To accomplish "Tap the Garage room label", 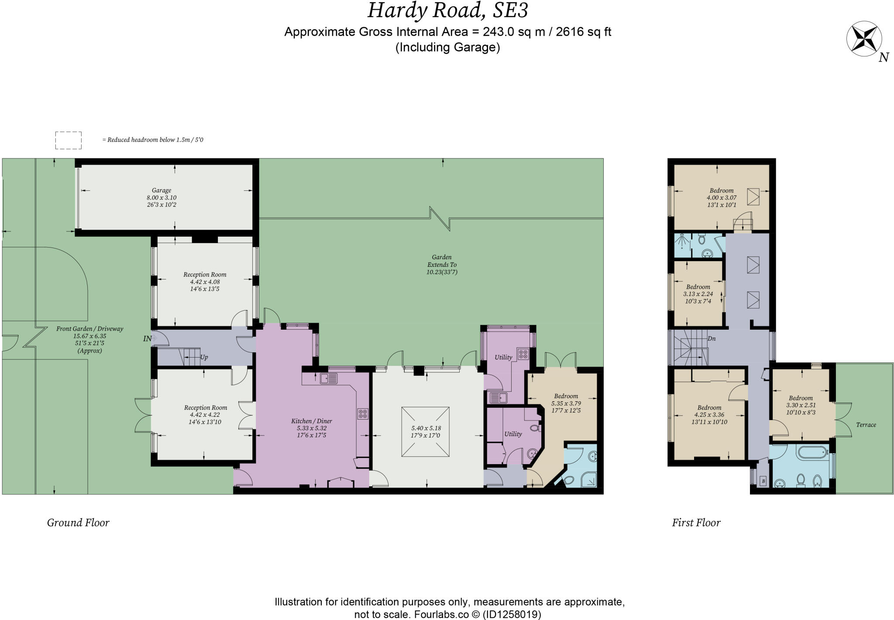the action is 161,190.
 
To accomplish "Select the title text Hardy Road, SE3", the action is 447,10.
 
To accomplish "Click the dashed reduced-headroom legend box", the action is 69,140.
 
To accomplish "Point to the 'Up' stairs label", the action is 204,357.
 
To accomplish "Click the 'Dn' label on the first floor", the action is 712,338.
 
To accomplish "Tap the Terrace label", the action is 866,424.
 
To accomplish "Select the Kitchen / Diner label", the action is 312,421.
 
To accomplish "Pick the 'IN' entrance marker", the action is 148,338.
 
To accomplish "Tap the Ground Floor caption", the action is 78,523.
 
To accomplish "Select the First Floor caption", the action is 696,523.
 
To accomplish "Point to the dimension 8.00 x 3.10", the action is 162,197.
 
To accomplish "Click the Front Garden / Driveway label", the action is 90,329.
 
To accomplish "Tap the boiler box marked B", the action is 763,481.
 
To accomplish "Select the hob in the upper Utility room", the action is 523,354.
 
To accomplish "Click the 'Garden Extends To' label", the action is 442,261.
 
